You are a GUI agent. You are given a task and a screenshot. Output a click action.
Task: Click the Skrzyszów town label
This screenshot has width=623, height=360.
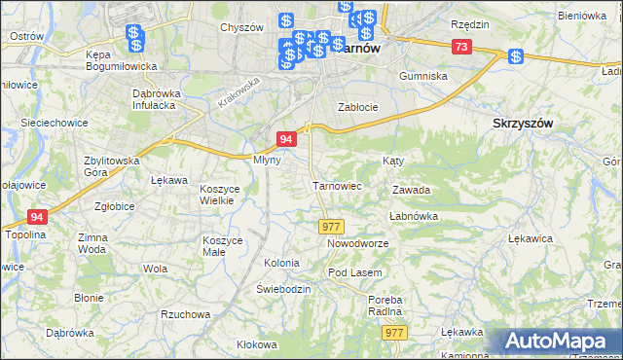[x=524, y=124]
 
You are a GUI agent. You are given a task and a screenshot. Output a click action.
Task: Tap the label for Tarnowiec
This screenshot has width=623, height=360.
[x=337, y=185]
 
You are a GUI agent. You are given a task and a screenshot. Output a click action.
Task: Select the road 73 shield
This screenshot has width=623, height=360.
[x=461, y=48]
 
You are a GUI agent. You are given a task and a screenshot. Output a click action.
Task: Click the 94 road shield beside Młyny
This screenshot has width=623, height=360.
[x=286, y=139]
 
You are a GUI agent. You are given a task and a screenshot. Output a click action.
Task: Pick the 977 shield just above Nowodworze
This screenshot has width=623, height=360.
[x=330, y=226]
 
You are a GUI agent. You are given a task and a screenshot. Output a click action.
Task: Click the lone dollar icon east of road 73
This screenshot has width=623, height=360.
[x=515, y=55]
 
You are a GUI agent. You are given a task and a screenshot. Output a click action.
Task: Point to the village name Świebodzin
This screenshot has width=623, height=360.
[x=283, y=289]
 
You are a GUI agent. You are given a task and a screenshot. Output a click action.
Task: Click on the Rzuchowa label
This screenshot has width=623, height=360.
[x=184, y=314]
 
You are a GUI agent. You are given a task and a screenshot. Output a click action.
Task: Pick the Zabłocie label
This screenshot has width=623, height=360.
[x=356, y=107]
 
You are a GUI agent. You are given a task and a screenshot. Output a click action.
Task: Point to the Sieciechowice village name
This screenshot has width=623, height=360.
[x=55, y=124]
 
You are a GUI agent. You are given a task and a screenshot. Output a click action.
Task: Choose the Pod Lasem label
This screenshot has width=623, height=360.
[x=354, y=272]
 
